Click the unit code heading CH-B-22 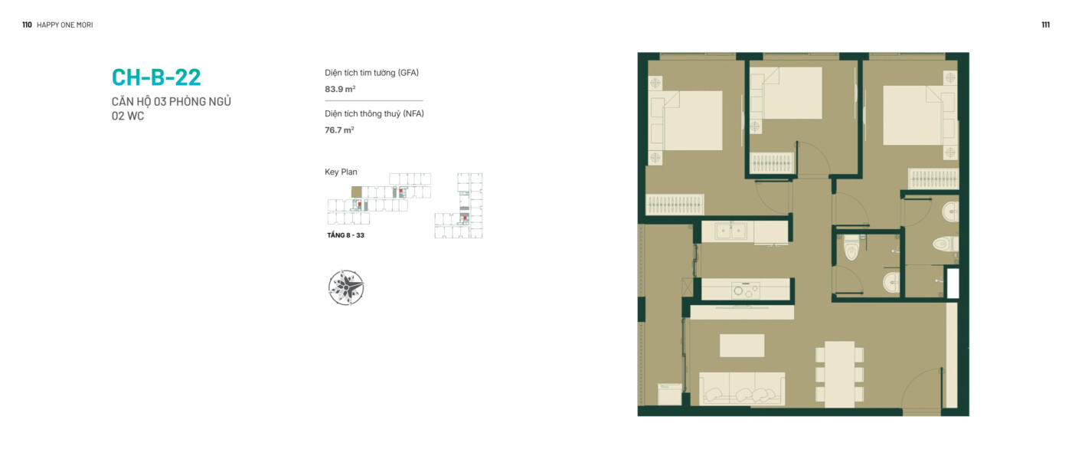pyautogui.click(x=156, y=77)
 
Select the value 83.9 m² pyautogui.click(x=340, y=89)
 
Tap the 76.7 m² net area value pyautogui.click(x=339, y=130)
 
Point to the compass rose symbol pyautogui.click(x=346, y=287)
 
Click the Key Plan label pyautogui.click(x=341, y=172)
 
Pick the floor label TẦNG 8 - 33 pyautogui.click(x=345, y=235)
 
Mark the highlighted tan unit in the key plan pyautogui.click(x=357, y=192)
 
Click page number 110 pyautogui.click(x=27, y=25)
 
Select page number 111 pyautogui.click(x=1046, y=25)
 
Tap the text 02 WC pyautogui.click(x=128, y=116)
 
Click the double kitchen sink pyautogui.click(x=730, y=231)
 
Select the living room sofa pyautogui.click(x=742, y=389)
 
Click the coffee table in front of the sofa pyautogui.click(x=742, y=346)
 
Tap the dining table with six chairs pyautogui.click(x=839, y=374)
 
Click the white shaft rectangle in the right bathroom pyautogui.click(x=953, y=284)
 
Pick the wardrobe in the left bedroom pyautogui.click(x=675, y=204)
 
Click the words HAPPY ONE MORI pyautogui.click(x=64, y=25)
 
